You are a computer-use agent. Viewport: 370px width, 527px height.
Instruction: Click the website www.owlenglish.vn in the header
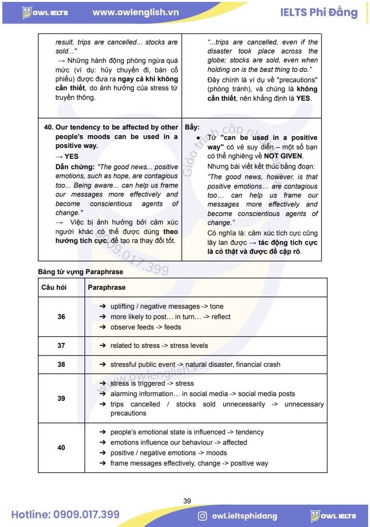tap(136, 12)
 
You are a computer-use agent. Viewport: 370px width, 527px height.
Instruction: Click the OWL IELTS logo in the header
tap(46, 13)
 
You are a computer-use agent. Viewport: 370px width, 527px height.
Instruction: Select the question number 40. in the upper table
tap(48, 128)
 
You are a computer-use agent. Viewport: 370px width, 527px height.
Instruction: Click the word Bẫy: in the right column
tap(192, 128)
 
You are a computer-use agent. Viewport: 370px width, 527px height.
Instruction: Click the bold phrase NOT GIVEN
tap(283, 156)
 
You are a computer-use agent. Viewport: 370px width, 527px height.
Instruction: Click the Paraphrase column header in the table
tap(107, 287)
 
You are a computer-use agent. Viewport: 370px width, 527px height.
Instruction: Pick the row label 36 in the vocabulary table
tap(61, 317)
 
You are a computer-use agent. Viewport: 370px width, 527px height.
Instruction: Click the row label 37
tap(61, 346)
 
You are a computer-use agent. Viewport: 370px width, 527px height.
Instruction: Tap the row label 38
tap(61, 364)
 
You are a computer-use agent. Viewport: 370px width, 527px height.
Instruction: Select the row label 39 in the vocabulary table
tap(61, 398)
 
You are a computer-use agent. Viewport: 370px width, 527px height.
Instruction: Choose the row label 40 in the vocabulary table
tap(61, 448)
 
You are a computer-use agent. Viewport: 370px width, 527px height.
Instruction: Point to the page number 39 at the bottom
tap(187, 501)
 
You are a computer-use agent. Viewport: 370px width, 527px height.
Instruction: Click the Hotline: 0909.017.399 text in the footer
tap(66, 515)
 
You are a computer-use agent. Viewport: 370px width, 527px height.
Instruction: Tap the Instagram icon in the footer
tap(202, 516)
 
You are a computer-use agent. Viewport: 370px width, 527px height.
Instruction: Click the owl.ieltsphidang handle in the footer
tap(245, 516)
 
